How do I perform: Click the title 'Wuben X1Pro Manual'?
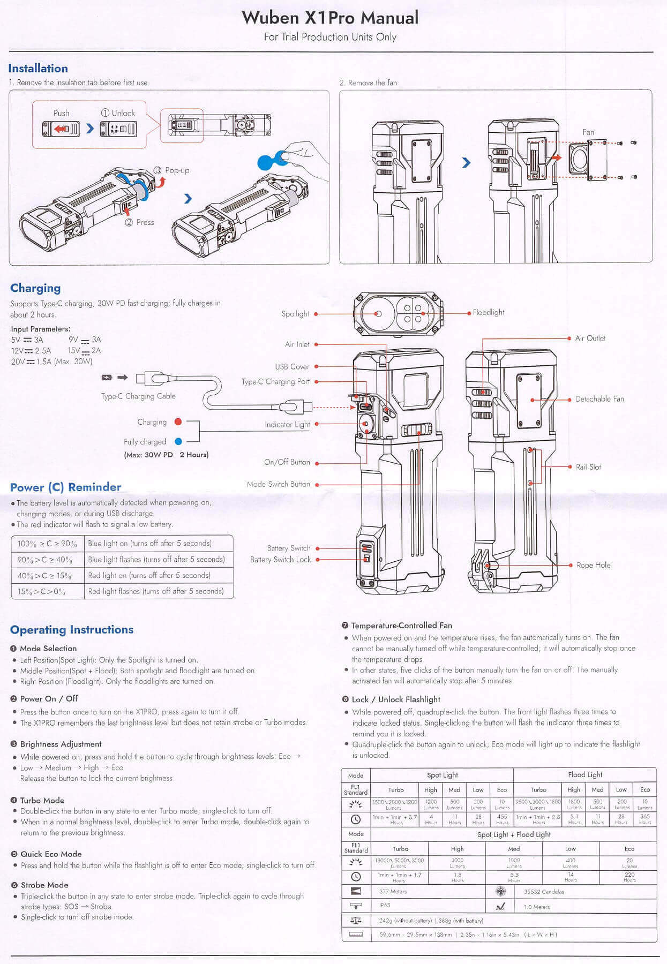click(330, 18)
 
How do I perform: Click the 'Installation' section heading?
click(38, 69)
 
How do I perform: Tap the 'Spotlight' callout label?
click(295, 314)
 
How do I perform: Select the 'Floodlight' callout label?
click(488, 312)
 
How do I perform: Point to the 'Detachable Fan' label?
click(599, 399)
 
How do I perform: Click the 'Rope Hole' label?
click(593, 565)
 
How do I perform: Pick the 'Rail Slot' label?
click(588, 467)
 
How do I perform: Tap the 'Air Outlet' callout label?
click(590, 338)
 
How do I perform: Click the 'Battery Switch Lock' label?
click(280, 560)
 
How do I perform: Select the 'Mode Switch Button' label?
click(278, 484)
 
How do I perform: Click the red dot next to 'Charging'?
click(178, 422)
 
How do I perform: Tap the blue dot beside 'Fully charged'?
click(178, 442)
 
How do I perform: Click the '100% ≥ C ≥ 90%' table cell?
click(47, 544)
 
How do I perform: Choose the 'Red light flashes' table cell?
click(156, 591)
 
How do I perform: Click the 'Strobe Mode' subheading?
click(44, 885)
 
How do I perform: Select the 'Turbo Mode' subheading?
click(42, 800)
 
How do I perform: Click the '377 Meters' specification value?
click(393, 892)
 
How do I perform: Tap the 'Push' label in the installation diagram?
click(62, 113)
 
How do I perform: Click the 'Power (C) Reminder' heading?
click(65, 487)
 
